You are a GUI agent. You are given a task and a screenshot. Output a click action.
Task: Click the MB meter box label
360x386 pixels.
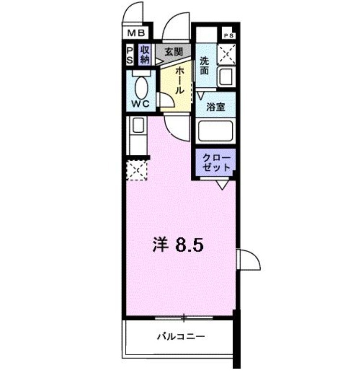tap(136, 33)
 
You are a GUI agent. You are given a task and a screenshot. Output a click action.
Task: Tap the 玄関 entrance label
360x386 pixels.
tap(173, 52)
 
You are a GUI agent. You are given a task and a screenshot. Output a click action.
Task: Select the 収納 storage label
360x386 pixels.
tap(145, 55)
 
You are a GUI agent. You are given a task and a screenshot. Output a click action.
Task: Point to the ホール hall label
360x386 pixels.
tap(179, 80)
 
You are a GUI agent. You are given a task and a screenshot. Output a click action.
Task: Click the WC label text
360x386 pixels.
tap(140, 104)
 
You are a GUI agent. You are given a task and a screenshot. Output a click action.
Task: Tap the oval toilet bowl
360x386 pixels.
tap(142, 88)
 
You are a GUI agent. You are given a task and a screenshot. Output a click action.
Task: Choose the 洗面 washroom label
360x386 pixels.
tap(204, 66)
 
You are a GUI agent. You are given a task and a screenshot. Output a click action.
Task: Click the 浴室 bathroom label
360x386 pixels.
tap(215, 107)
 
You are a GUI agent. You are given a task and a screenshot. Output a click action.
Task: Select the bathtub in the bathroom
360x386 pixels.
tap(215, 131)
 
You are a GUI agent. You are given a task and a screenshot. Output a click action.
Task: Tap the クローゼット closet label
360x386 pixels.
tap(216, 163)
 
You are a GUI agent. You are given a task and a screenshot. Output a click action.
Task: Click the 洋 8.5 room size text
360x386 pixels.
tap(178, 245)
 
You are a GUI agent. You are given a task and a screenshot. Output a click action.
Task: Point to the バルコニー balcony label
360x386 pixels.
tap(181, 336)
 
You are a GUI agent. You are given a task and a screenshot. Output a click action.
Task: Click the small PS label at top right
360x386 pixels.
tap(229, 35)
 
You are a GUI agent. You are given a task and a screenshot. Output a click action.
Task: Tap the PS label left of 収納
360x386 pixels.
tap(130, 55)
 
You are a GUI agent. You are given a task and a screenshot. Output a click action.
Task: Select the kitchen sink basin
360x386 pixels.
tap(138, 125)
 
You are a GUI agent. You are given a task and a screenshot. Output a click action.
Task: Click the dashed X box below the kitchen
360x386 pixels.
tap(136, 170)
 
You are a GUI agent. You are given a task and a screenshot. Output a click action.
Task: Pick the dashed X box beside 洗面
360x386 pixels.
tap(227, 54)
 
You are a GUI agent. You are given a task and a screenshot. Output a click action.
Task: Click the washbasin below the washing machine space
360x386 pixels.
tap(225, 77)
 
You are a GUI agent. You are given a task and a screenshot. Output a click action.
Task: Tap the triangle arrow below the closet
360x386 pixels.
tap(222, 185)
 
